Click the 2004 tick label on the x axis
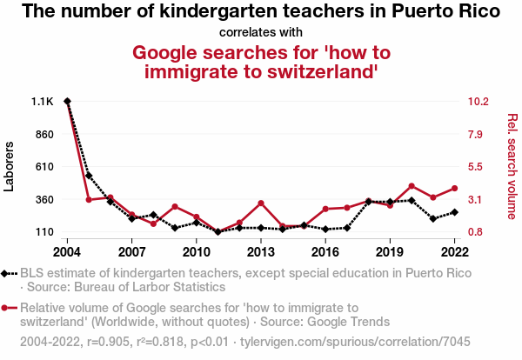pyautogui.click(x=67, y=252)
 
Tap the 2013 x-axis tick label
pyautogui.click(x=260, y=252)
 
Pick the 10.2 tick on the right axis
pyautogui.click(x=479, y=102)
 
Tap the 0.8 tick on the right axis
pyautogui.click(x=477, y=232)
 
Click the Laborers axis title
pyautogui.click(x=10, y=165)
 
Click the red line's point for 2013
pyautogui.click(x=260, y=203)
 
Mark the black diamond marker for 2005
pyautogui.click(x=89, y=176)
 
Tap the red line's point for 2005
pyautogui.click(x=89, y=200)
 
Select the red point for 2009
pyautogui.click(x=175, y=207)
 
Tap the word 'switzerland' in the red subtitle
pyautogui.click(x=312, y=72)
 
